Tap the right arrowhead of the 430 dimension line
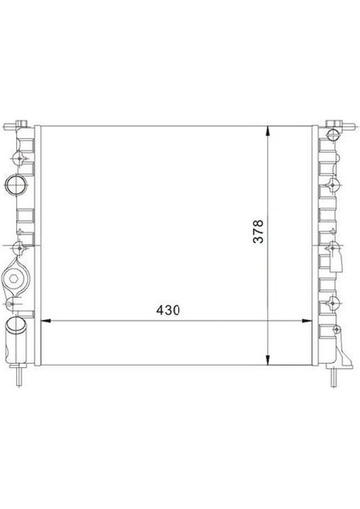tap(312, 322)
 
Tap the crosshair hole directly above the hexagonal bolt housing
tap(19, 248)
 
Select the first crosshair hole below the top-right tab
tap(332, 155)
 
